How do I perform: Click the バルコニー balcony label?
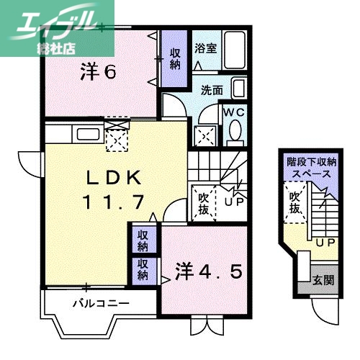click(x=101, y=302)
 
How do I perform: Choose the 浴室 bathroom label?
click(x=205, y=49)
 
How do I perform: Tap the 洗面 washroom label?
click(x=212, y=91)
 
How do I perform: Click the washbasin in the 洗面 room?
click(x=239, y=91)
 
